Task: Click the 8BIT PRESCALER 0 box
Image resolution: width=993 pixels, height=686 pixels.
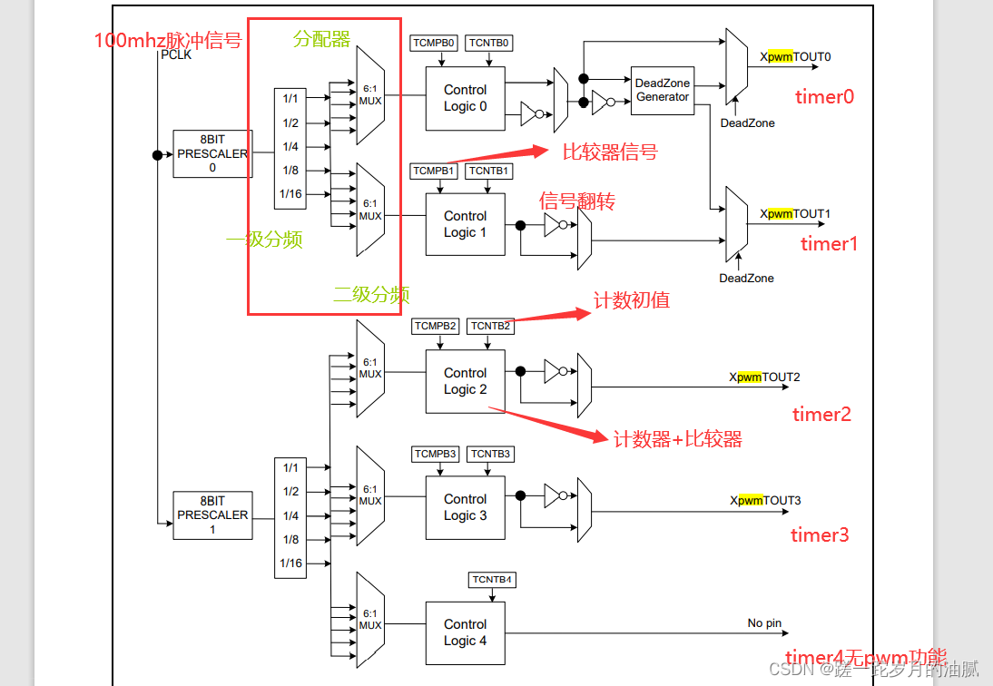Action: (x=212, y=153)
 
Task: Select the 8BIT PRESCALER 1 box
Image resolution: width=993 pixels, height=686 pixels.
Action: (x=212, y=514)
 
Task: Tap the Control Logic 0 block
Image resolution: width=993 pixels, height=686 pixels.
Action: (x=465, y=98)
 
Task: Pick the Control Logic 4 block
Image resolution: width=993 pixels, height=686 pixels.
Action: (x=465, y=632)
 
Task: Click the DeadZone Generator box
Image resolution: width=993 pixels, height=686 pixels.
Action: (x=662, y=90)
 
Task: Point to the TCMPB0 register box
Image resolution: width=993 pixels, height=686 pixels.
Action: (x=434, y=43)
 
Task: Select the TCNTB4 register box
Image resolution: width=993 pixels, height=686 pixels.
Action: (x=492, y=580)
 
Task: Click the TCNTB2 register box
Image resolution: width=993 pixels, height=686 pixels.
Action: (x=490, y=326)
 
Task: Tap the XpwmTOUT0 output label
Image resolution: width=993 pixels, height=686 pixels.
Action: (x=795, y=57)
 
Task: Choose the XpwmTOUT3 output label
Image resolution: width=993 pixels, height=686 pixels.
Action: (x=765, y=501)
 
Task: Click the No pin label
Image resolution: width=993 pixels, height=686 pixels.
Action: (x=763, y=623)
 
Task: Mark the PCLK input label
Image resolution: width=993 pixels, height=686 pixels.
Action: (x=175, y=55)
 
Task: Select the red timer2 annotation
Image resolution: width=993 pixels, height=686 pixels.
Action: (x=821, y=415)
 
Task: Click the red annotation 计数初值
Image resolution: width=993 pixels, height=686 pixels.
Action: (x=632, y=300)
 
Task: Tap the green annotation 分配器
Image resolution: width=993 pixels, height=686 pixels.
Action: (x=321, y=39)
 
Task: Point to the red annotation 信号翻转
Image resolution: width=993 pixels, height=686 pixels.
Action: (x=577, y=201)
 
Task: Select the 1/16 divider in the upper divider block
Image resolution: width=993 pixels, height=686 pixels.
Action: (x=290, y=194)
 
